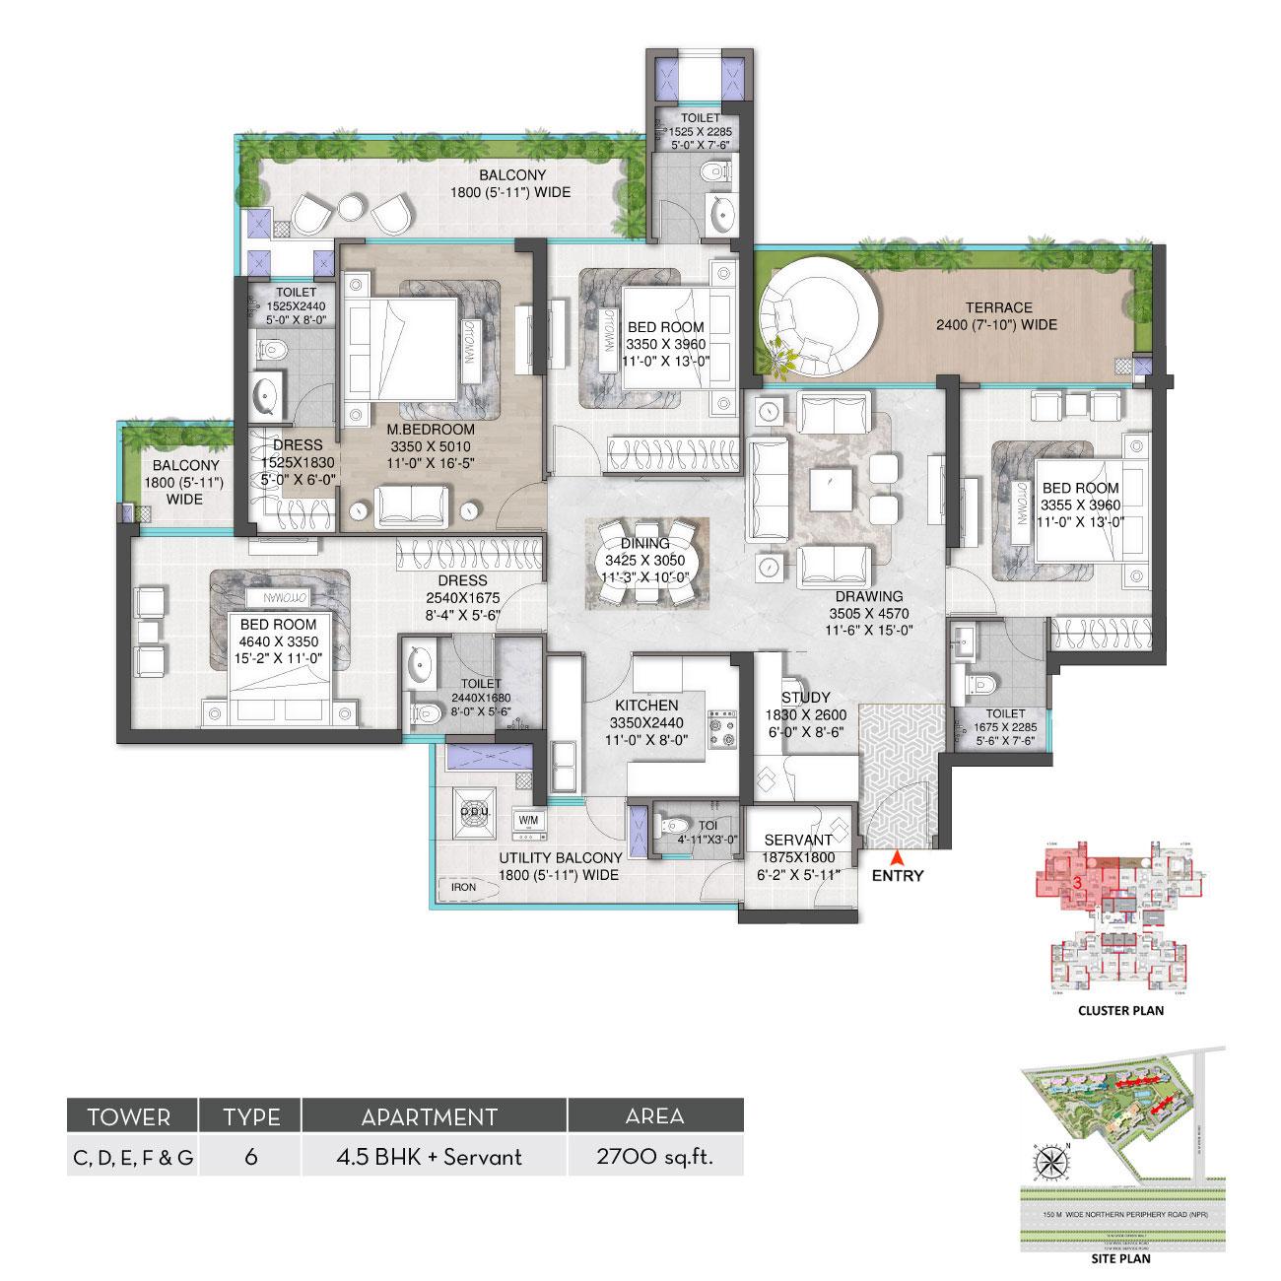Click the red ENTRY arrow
click(x=896, y=855)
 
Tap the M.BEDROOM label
click(x=431, y=430)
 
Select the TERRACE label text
click(x=997, y=307)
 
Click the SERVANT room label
click(x=798, y=841)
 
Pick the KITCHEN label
click(x=646, y=706)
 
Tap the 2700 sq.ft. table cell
click(x=655, y=1156)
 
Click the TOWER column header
click(x=129, y=1117)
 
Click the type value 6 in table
click(x=251, y=1156)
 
